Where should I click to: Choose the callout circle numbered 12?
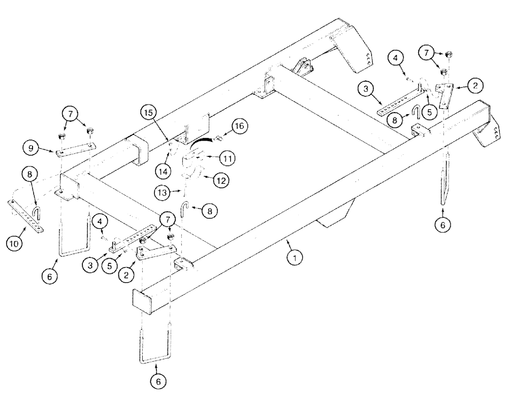click(x=221, y=179)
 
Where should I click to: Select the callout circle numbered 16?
click(x=240, y=125)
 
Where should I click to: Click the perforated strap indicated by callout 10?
click(x=26, y=215)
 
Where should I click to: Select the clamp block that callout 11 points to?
click(x=194, y=158)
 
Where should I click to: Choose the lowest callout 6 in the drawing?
click(x=157, y=379)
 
